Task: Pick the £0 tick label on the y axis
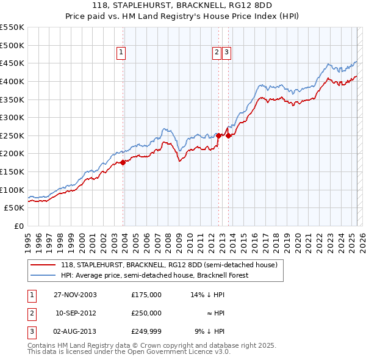(x=20, y=226)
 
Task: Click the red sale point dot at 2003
(x=123, y=162)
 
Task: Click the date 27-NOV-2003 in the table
(x=75, y=294)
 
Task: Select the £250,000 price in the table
(x=146, y=312)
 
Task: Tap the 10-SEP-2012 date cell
(x=76, y=312)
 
